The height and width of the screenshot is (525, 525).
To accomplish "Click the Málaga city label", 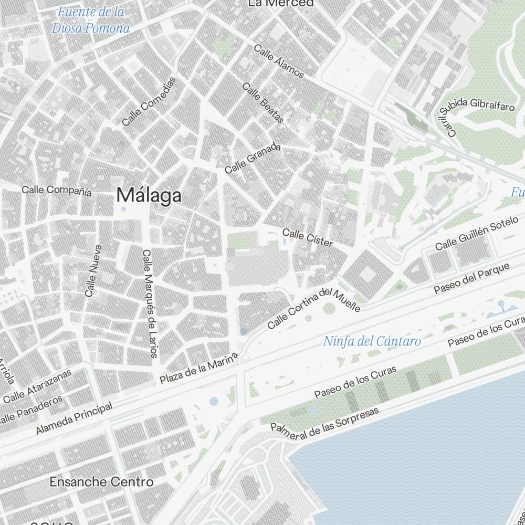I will pyautogui.click(x=149, y=195).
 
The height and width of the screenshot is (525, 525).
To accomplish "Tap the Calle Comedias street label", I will pyautogui.click(x=149, y=101).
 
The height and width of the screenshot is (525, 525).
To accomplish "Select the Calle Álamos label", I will pyautogui.click(x=279, y=61).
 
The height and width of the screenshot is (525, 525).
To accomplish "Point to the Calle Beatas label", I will pyautogui.click(x=262, y=103).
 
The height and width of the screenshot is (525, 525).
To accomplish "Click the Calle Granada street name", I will pyautogui.click(x=253, y=159).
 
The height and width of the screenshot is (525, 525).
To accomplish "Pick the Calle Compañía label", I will pyautogui.click(x=57, y=191).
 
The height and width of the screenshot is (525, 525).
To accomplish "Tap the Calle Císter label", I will pyautogui.click(x=308, y=238).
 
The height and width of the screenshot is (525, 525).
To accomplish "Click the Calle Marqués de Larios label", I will pyautogui.click(x=150, y=303).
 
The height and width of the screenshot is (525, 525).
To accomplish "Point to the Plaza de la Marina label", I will pyautogui.click(x=199, y=368).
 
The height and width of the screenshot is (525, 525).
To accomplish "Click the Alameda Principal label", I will pyautogui.click(x=74, y=418).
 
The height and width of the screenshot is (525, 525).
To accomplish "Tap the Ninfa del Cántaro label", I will pyautogui.click(x=372, y=341).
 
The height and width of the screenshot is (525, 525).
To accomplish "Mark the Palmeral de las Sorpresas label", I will pyautogui.click(x=324, y=420).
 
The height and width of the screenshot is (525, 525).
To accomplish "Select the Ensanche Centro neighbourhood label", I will pyautogui.click(x=101, y=481).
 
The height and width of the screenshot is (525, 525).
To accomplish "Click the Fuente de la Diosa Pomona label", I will pyautogui.click(x=91, y=19).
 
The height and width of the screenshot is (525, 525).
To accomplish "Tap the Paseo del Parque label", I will pyautogui.click(x=471, y=278).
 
